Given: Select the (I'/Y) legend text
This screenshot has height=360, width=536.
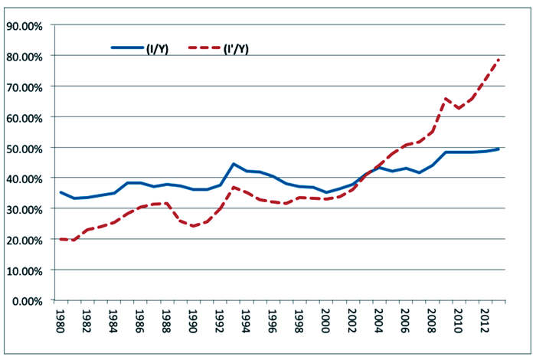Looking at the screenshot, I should [235, 48].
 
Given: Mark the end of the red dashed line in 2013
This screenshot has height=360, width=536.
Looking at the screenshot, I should [499, 60].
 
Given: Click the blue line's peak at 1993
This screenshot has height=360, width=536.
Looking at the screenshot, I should [234, 164].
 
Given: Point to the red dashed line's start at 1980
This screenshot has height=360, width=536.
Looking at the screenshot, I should [61, 239].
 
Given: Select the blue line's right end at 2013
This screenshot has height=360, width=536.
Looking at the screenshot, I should [499, 149].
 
